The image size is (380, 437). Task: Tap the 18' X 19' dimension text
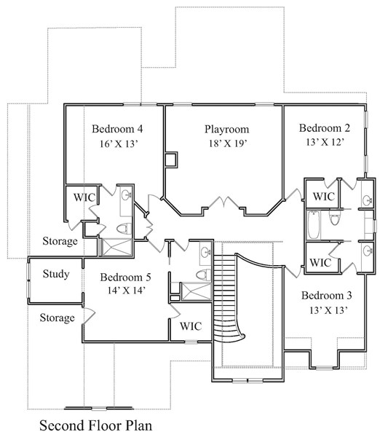226,143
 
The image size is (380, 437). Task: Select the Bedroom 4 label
116,129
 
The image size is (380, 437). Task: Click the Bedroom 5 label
125,277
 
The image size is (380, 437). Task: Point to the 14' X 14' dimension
125,291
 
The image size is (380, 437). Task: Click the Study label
55,275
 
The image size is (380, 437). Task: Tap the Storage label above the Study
59,241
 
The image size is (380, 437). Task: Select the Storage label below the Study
57,318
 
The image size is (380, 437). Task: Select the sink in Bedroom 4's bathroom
125,195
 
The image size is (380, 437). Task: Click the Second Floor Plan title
96,424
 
